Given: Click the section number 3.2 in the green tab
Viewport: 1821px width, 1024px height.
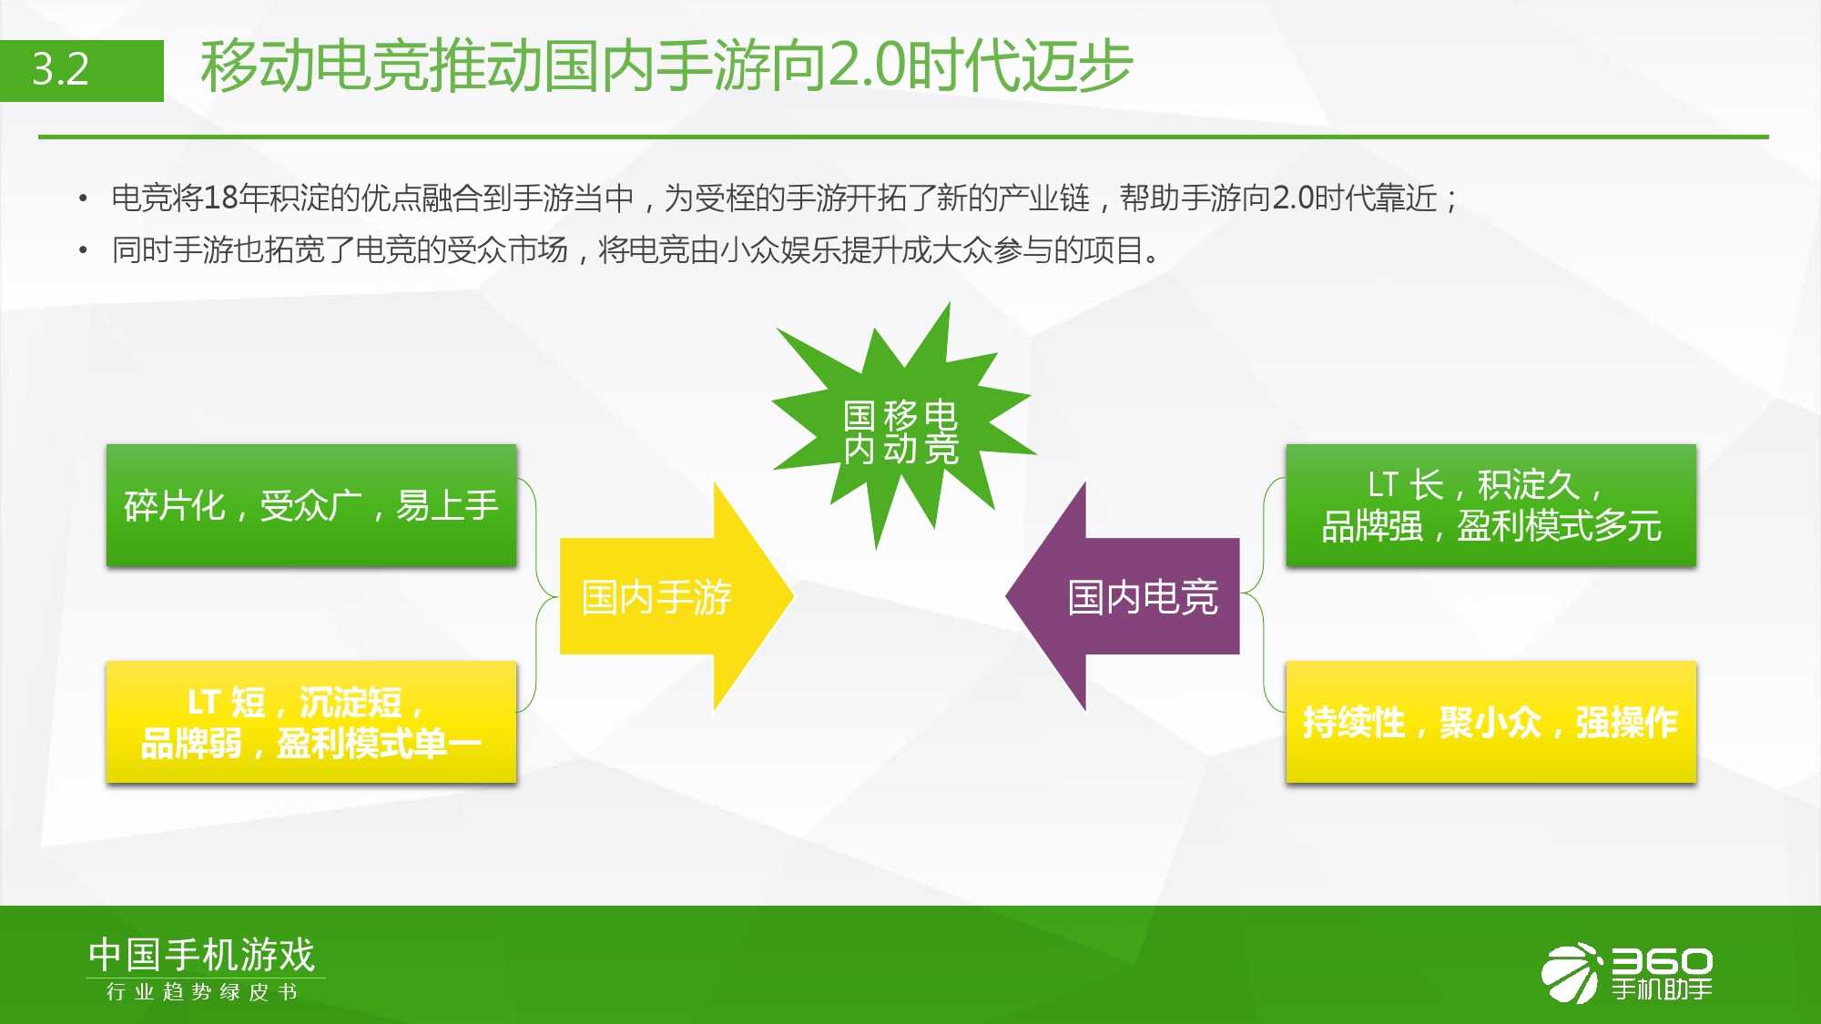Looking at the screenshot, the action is [x=61, y=69].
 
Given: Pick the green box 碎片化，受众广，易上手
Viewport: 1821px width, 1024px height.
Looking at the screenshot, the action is [x=311, y=505].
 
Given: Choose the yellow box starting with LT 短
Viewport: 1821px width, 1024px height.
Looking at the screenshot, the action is [x=311, y=722].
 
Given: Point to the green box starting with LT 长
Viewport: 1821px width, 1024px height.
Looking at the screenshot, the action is [x=1490, y=505].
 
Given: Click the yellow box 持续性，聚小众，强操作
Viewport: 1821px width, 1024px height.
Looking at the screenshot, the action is [x=1490, y=722].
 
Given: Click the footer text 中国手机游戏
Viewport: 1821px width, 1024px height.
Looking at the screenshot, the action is [x=201, y=955].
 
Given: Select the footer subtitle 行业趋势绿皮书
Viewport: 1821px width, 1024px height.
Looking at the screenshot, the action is [x=202, y=991].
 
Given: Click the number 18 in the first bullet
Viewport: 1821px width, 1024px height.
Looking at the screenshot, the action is [x=220, y=198].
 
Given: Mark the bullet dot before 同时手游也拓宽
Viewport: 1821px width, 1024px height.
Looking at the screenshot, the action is [x=84, y=250].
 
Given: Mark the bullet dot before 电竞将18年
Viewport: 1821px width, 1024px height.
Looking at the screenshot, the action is [x=84, y=198].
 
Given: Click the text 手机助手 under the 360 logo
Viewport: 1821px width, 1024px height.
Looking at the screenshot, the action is [x=1662, y=989].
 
